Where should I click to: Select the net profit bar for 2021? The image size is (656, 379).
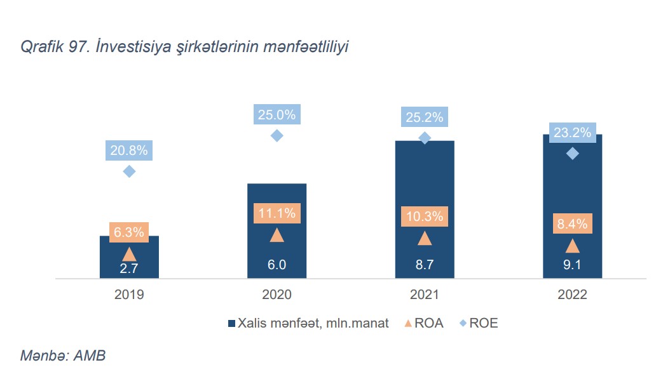coord(425,184)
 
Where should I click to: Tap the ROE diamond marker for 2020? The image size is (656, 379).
coord(277,135)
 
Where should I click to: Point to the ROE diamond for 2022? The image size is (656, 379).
coord(572,153)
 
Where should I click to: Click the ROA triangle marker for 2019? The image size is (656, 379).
coord(129,253)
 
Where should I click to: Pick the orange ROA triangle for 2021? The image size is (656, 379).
coord(425,238)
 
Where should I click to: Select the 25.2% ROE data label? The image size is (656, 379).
coord(425,117)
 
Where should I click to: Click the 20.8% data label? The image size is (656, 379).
coord(129,150)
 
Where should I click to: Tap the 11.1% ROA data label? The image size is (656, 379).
coord(277,213)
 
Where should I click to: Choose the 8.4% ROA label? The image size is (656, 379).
coord(572,223)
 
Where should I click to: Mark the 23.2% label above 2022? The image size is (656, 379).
coord(572,133)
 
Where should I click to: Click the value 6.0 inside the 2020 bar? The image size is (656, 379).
coord(277,265)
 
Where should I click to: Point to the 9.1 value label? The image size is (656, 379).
coord(572,265)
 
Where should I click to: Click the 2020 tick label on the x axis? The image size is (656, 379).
coord(277,295)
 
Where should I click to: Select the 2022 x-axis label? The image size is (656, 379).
coord(572,295)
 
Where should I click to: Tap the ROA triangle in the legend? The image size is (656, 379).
coord(407,323)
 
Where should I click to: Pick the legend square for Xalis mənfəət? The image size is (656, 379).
coord(231,323)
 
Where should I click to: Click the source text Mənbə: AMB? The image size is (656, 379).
coord(62,356)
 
